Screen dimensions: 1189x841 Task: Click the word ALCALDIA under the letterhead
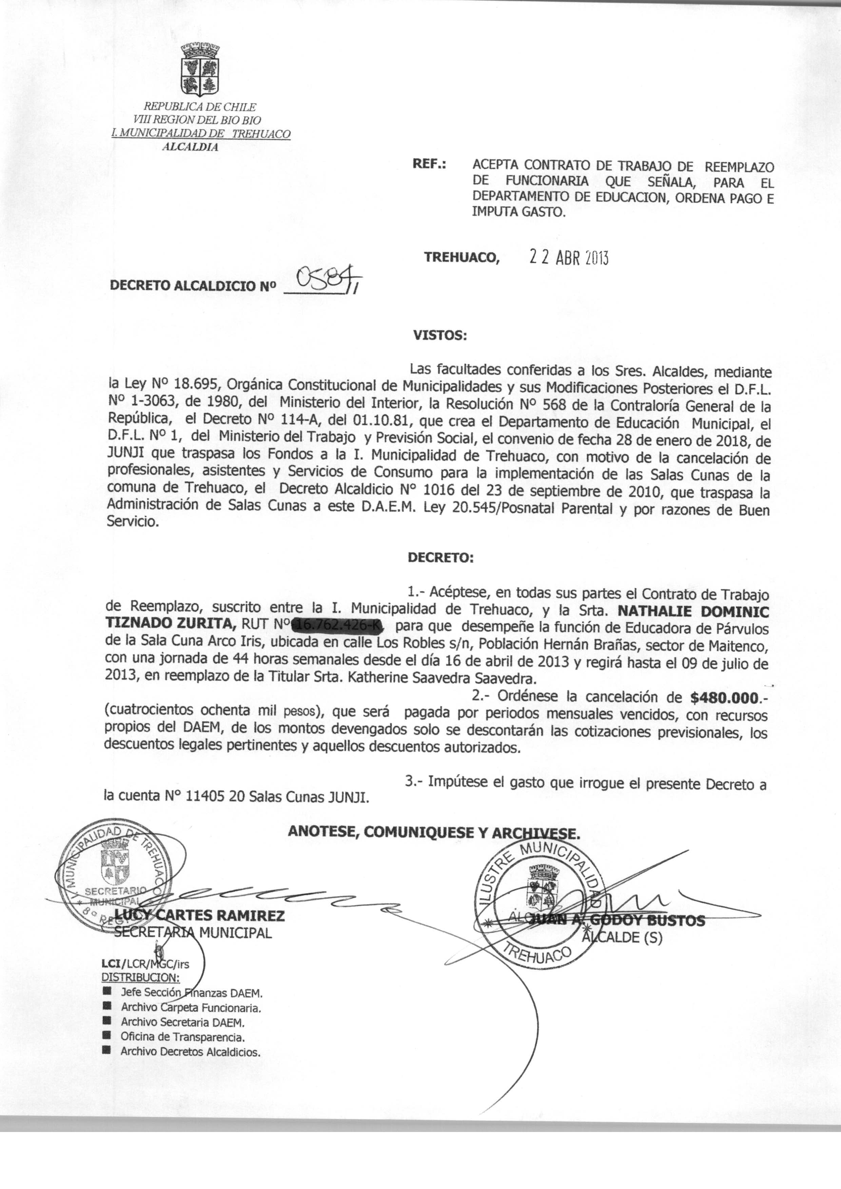point(190,147)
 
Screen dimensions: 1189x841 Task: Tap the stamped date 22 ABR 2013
point(567,258)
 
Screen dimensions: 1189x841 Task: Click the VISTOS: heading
point(440,335)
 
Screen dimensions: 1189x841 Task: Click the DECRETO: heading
point(440,558)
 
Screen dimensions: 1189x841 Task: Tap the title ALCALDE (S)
point(622,937)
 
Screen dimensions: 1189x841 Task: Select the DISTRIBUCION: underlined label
point(140,978)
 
